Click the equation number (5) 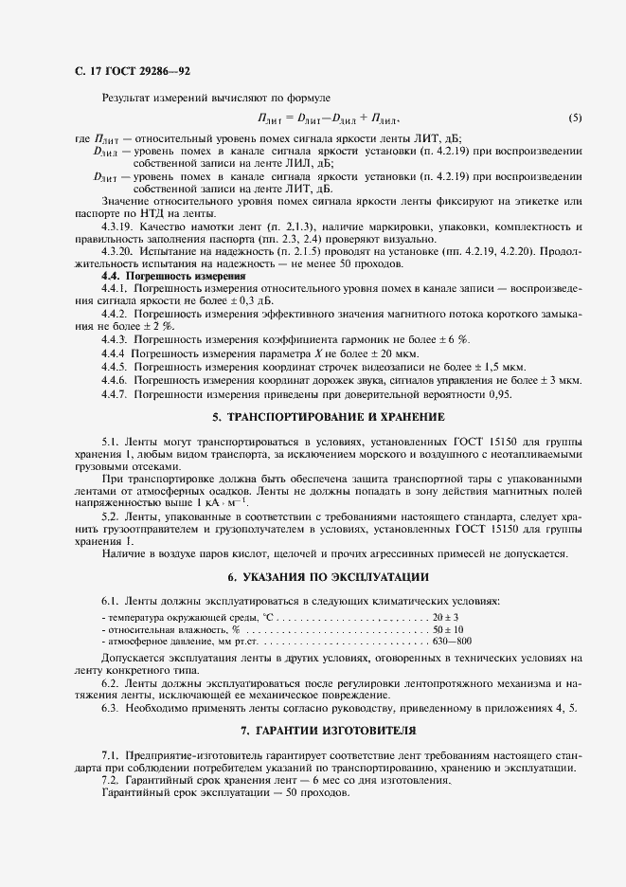pyautogui.click(x=575, y=119)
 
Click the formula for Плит pyautogui.click(x=329, y=119)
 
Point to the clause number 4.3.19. pyautogui.click(x=116, y=228)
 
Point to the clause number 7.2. pyautogui.click(x=110, y=780)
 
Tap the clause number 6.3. pyautogui.click(x=110, y=707)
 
